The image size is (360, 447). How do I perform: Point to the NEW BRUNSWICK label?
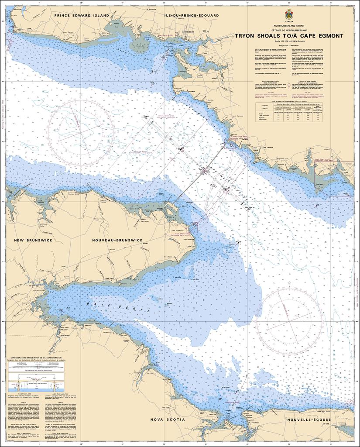(x=33, y=240)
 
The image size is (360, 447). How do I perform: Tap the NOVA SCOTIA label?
(x=168, y=419)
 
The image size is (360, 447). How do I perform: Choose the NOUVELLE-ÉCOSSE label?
(x=309, y=419)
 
